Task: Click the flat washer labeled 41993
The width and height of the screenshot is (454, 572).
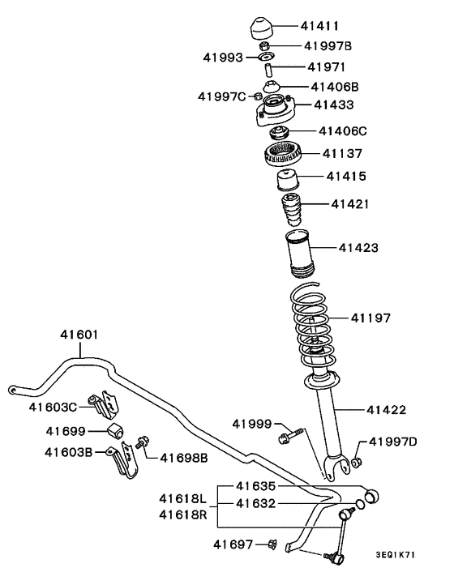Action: point(264,58)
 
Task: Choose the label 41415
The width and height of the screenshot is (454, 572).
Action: point(346,176)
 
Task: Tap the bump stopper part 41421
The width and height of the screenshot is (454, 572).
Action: point(292,212)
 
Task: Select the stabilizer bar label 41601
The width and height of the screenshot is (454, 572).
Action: point(79,333)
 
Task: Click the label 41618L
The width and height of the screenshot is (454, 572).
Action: point(182,497)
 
